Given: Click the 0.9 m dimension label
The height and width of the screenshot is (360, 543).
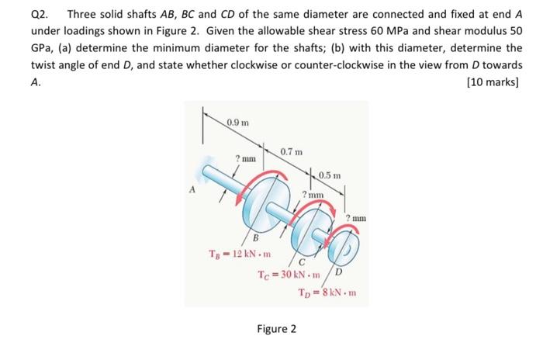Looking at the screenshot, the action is pos(238,120).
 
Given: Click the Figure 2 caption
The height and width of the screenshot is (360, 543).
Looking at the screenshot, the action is pos(277,328).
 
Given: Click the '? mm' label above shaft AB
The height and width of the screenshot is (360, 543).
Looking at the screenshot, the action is pos(246,158).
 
